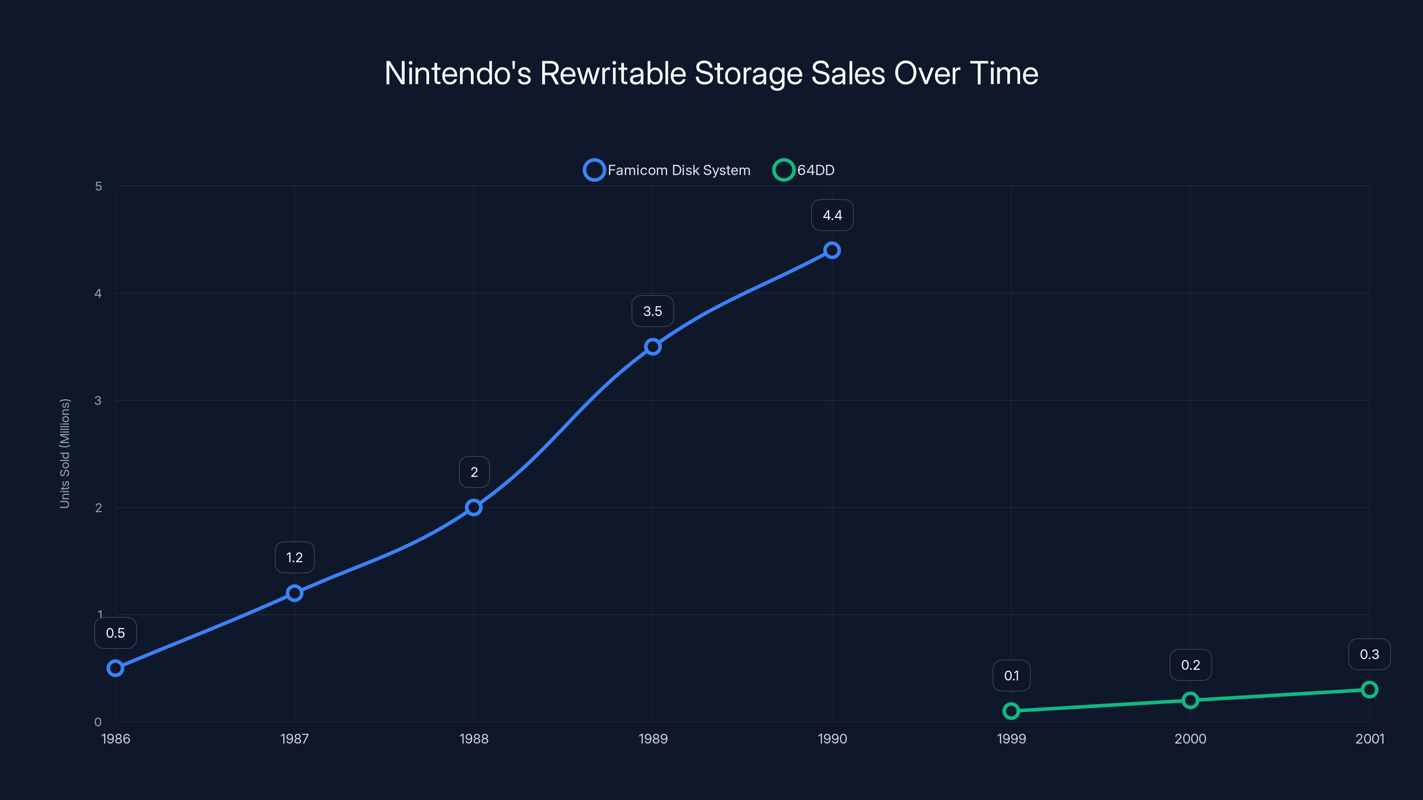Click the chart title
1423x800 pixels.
click(x=711, y=73)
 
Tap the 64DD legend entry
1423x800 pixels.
click(x=804, y=170)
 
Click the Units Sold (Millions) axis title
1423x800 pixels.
click(x=64, y=453)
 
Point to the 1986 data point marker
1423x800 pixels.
click(x=116, y=668)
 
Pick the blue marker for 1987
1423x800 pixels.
click(x=294, y=593)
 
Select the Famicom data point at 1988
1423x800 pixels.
click(x=474, y=508)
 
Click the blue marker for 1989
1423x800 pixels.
click(x=652, y=347)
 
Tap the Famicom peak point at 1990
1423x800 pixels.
click(x=832, y=250)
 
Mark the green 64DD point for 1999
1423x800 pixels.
click(x=1011, y=711)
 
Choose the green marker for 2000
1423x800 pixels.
click(x=1190, y=700)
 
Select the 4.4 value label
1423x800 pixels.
click(x=832, y=215)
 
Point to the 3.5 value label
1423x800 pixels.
click(x=652, y=312)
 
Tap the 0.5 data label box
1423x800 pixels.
click(x=116, y=633)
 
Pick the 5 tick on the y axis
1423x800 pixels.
click(x=98, y=187)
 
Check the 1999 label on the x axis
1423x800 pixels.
click(x=1011, y=739)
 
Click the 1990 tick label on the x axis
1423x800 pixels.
click(x=832, y=739)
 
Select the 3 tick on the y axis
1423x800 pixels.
click(x=98, y=401)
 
